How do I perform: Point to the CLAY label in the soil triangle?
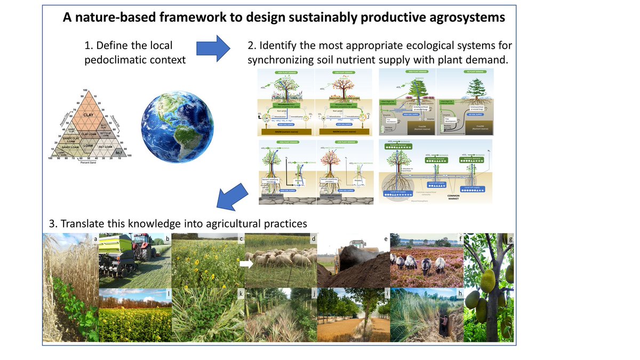pos(89,114)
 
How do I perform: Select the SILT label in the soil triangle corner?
pos(120,153)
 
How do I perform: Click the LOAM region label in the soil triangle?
pos(89,145)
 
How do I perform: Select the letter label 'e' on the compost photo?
pos(386,238)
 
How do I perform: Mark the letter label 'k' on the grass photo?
pos(241,294)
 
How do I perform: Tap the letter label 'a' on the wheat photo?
pos(95,238)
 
